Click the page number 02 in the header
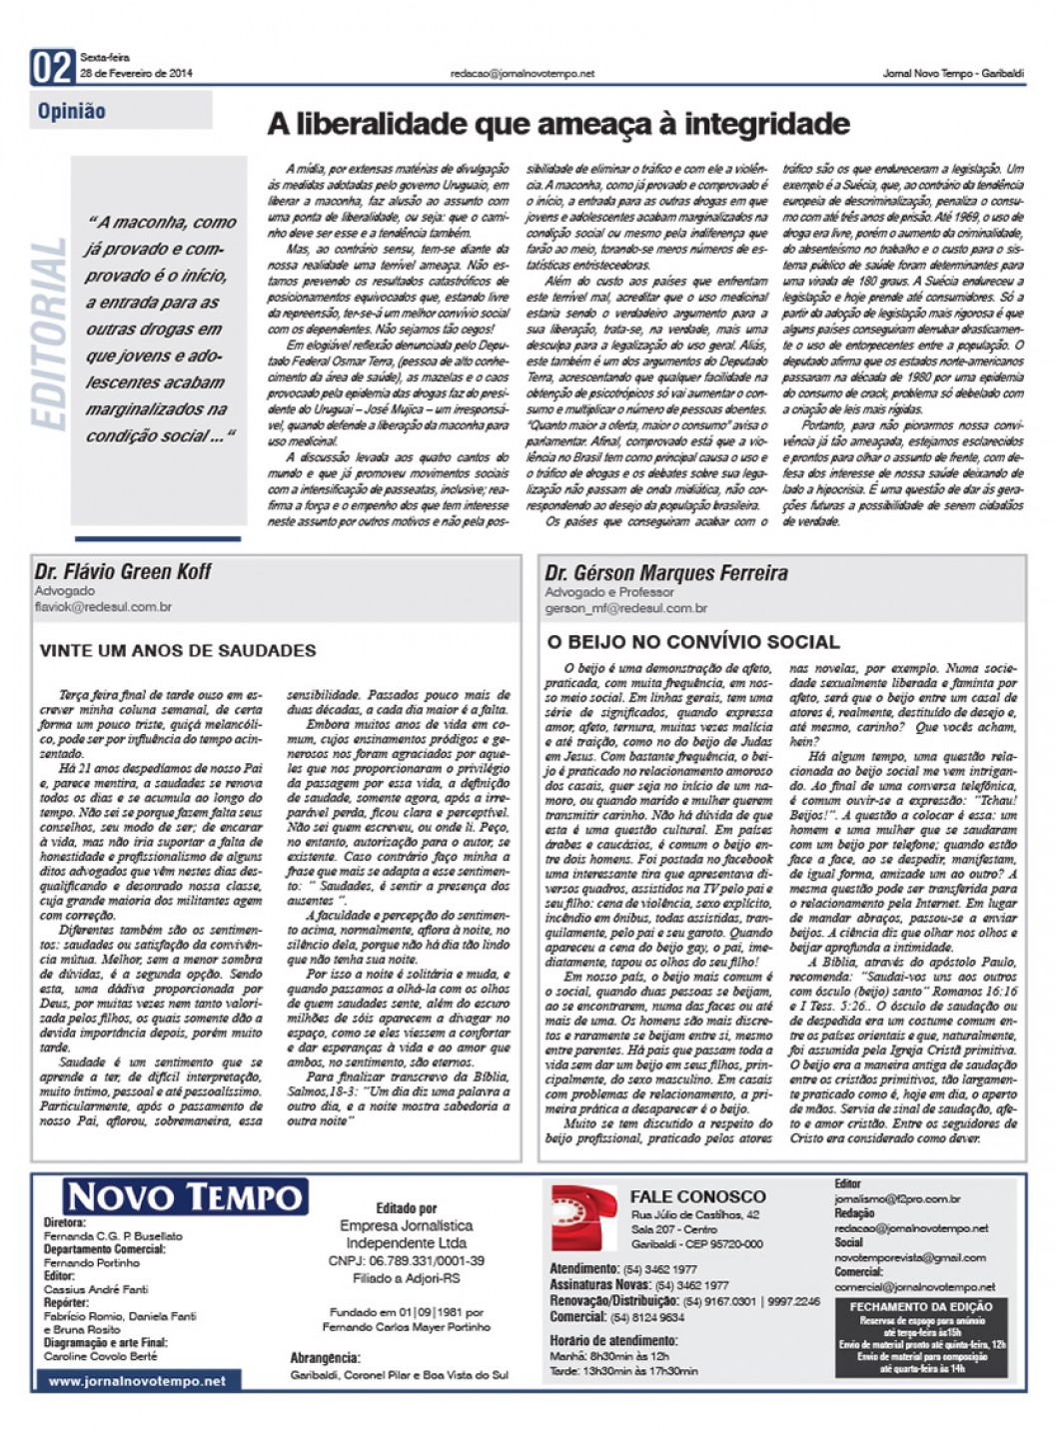52,67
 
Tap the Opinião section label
72,111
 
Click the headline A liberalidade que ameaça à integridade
558,124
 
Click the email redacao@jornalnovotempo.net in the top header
523,73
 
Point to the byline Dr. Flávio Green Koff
123,571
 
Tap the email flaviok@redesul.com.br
103,607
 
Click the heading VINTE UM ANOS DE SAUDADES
178,650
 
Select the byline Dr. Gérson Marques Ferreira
666,573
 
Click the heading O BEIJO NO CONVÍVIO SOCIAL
693,642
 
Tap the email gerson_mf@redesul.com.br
626,608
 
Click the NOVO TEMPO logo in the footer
186,1196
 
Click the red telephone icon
584,1217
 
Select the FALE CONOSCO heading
697,1196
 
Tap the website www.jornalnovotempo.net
137,1381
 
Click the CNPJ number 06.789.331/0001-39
407,1261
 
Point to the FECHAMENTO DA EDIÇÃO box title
921,1306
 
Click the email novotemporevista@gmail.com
910,1257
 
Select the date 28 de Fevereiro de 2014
136,73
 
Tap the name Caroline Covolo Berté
101,1356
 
